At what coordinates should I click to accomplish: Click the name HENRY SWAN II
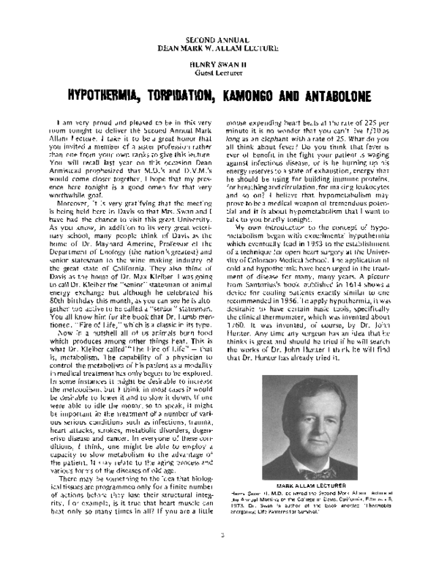(220, 64)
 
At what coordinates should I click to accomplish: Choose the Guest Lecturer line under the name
(220, 73)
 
